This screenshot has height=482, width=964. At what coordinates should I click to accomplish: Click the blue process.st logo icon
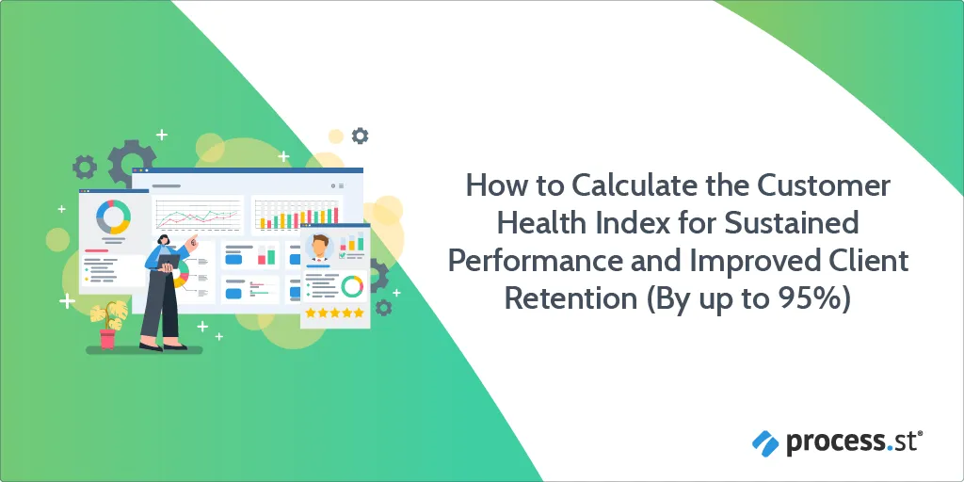765,443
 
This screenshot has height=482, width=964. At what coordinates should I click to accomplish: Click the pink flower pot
107,338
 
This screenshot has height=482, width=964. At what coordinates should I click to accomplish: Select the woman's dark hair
164,238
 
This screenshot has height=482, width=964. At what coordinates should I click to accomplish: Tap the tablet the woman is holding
169,262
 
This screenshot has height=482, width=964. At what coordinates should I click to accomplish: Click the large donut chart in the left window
113,217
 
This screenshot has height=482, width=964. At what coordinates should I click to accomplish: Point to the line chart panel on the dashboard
198,214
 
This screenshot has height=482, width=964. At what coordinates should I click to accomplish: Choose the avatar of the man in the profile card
319,247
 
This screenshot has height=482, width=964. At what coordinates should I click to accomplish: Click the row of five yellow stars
335,313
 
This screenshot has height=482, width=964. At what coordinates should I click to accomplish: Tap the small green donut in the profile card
352,286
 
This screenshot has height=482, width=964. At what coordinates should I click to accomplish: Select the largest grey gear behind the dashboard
132,162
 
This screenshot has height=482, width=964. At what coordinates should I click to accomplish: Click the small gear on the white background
360,136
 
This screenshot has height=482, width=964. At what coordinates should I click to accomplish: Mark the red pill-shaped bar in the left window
96,250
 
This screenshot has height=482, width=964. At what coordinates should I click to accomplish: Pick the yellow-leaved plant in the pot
108,314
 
